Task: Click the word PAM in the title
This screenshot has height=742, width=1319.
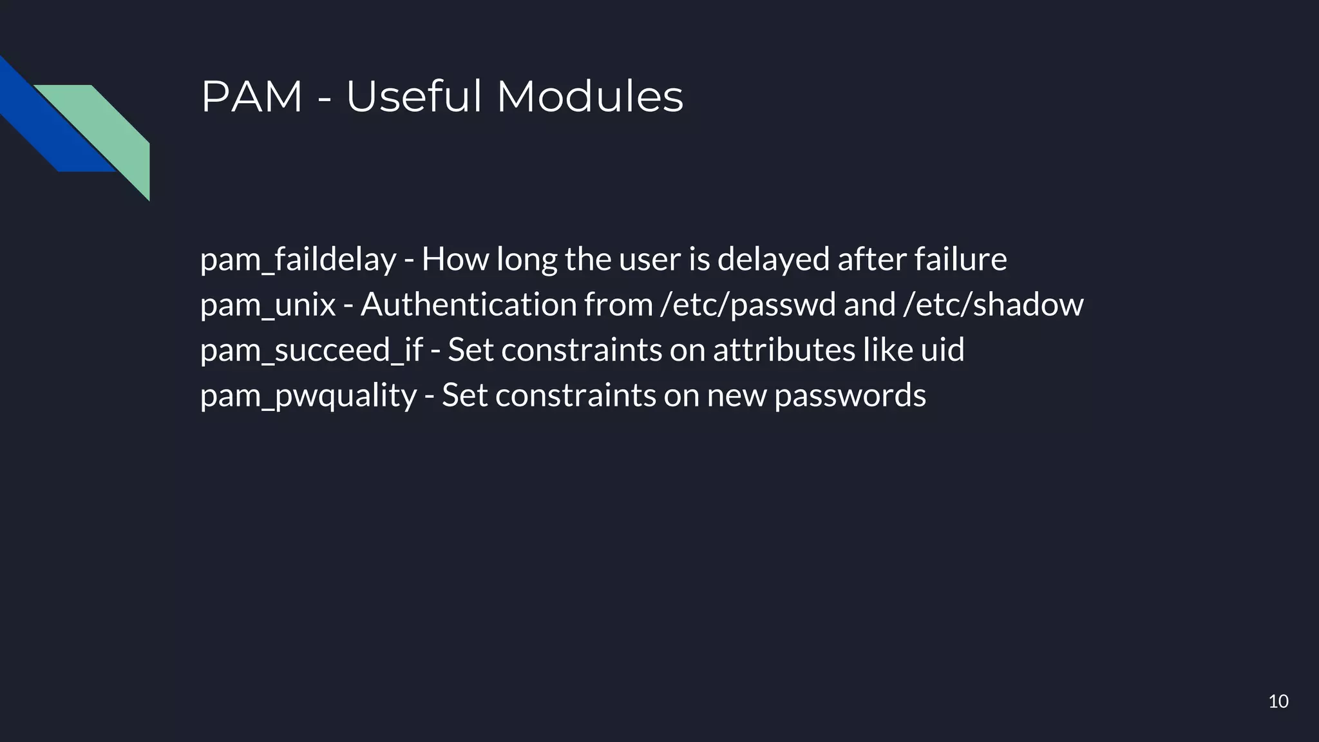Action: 252,97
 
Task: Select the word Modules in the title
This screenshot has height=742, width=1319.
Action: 589,97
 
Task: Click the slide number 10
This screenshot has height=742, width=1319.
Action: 1278,701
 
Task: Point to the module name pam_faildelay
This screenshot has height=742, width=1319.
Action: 298,260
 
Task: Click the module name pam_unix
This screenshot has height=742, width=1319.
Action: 268,305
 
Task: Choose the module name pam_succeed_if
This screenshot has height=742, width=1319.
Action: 311,350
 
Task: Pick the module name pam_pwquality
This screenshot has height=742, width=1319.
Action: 308,395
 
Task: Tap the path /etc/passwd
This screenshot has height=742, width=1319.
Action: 748,305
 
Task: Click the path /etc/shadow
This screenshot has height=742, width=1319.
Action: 993,305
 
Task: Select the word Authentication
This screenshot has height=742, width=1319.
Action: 468,305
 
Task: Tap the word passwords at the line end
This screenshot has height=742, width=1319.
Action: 850,395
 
